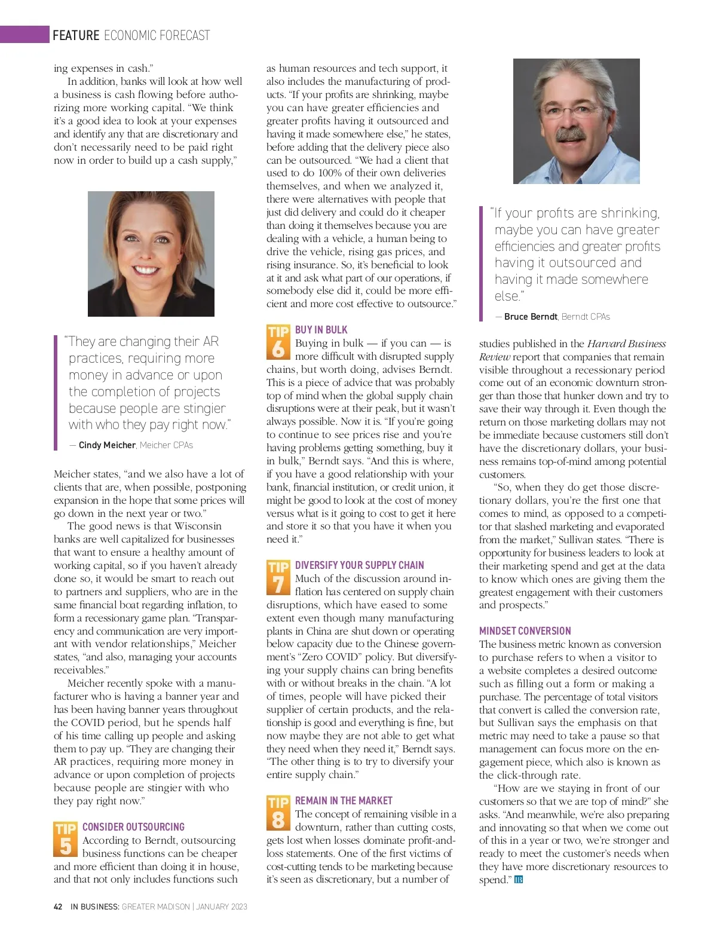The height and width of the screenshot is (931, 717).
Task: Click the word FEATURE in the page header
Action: pos(76,35)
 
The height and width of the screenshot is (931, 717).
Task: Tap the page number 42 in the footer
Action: pos(58,906)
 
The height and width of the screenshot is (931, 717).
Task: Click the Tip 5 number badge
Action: pos(65,840)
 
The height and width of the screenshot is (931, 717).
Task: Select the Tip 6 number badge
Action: pos(278,342)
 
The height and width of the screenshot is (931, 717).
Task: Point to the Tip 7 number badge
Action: pos(278,577)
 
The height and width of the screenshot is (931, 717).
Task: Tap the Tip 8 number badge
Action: pos(278,813)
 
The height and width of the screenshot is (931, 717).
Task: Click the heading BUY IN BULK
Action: pos(321,330)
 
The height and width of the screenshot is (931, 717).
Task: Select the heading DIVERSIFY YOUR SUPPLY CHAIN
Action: pos(359,565)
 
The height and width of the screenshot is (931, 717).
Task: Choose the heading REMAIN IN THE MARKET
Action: pos(344,801)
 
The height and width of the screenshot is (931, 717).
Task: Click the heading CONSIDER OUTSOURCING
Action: pos(133,827)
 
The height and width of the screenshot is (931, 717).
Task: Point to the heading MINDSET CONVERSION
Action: pos(525,631)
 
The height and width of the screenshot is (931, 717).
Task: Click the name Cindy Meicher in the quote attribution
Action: pos(107,445)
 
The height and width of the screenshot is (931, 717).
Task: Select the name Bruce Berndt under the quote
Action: pos(531,317)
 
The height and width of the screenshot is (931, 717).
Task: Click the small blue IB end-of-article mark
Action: pos(519,880)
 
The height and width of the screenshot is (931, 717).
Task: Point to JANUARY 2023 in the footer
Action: pos(222,906)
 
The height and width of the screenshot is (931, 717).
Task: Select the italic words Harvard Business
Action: pos(626,344)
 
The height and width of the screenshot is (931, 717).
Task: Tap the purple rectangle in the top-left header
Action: pos(24,34)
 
